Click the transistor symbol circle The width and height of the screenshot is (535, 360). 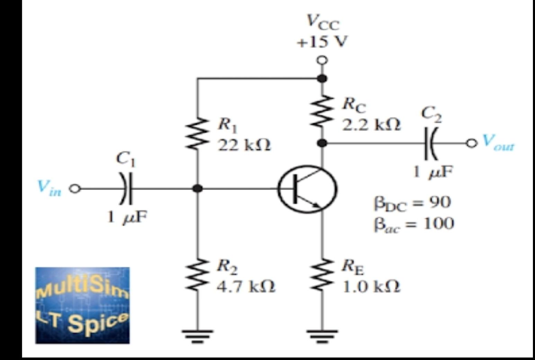307,189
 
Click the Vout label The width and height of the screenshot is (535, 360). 498,142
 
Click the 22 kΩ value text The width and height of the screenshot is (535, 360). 244,146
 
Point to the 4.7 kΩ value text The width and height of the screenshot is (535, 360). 246,287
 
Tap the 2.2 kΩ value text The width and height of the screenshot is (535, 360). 372,125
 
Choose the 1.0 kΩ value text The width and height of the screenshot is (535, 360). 372,287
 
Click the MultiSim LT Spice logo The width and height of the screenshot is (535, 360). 82,305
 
